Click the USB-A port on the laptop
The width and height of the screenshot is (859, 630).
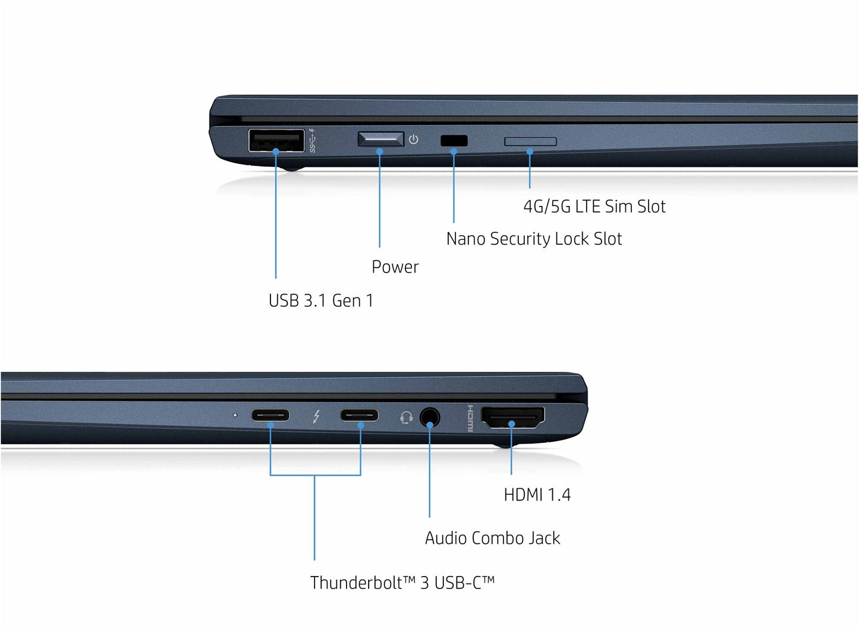click(x=276, y=140)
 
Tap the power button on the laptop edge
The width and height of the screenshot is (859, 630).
click(x=381, y=139)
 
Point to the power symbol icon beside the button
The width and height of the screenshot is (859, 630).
click(x=413, y=139)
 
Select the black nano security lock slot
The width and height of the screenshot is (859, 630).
click(x=454, y=141)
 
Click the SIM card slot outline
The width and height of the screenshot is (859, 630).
click(x=530, y=141)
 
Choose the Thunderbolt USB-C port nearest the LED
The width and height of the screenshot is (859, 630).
click(x=270, y=415)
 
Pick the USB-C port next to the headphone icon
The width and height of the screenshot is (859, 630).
click(x=360, y=415)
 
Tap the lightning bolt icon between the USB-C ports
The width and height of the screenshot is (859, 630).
click(x=316, y=416)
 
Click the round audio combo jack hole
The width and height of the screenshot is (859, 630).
click(x=430, y=417)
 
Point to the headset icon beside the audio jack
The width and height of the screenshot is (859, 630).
click(x=407, y=417)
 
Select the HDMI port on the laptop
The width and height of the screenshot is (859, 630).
click(x=513, y=417)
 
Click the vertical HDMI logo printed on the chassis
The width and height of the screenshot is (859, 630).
click(x=470, y=418)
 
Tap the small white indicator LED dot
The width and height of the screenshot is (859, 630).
click(x=235, y=415)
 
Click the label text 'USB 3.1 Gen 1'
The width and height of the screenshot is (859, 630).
click(x=321, y=300)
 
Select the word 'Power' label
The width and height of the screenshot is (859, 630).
click(x=395, y=267)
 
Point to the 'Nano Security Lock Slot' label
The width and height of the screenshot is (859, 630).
click(x=534, y=239)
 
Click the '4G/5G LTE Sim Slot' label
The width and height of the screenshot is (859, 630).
click(x=594, y=207)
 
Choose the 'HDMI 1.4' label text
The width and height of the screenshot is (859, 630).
click(x=537, y=495)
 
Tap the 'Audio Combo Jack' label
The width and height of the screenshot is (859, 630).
click(x=492, y=538)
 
